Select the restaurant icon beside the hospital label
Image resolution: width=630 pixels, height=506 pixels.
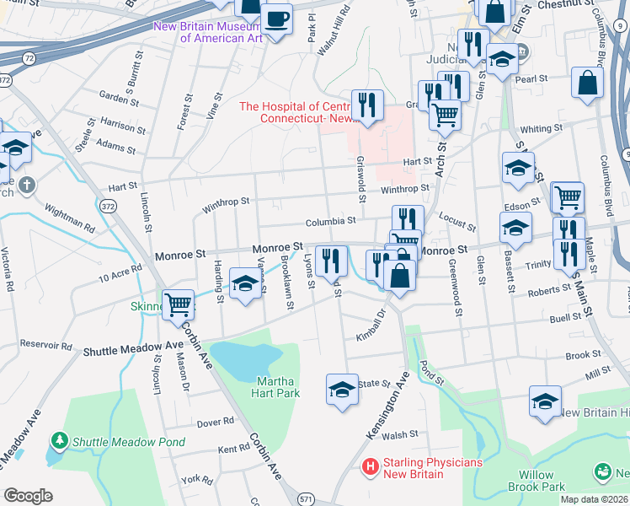click(x=366, y=105)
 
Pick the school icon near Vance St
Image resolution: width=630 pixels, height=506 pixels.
click(x=244, y=283)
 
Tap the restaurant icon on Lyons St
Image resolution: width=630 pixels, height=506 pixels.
click(x=330, y=261)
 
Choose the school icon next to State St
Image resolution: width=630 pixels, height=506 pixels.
click(x=341, y=389)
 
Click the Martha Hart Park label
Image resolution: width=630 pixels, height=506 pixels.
click(x=277, y=386)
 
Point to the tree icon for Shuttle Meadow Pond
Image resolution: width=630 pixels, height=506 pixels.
click(x=60, y=440)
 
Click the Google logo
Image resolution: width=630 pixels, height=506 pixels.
click(x=28, y=495)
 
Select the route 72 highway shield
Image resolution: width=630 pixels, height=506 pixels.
click(x=29, y=57)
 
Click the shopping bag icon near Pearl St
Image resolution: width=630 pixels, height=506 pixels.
click(x=587, y=83)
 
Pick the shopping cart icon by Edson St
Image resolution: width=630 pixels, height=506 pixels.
click(x=568, y=197)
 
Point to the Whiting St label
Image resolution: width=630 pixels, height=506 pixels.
click(x=541, y=128)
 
